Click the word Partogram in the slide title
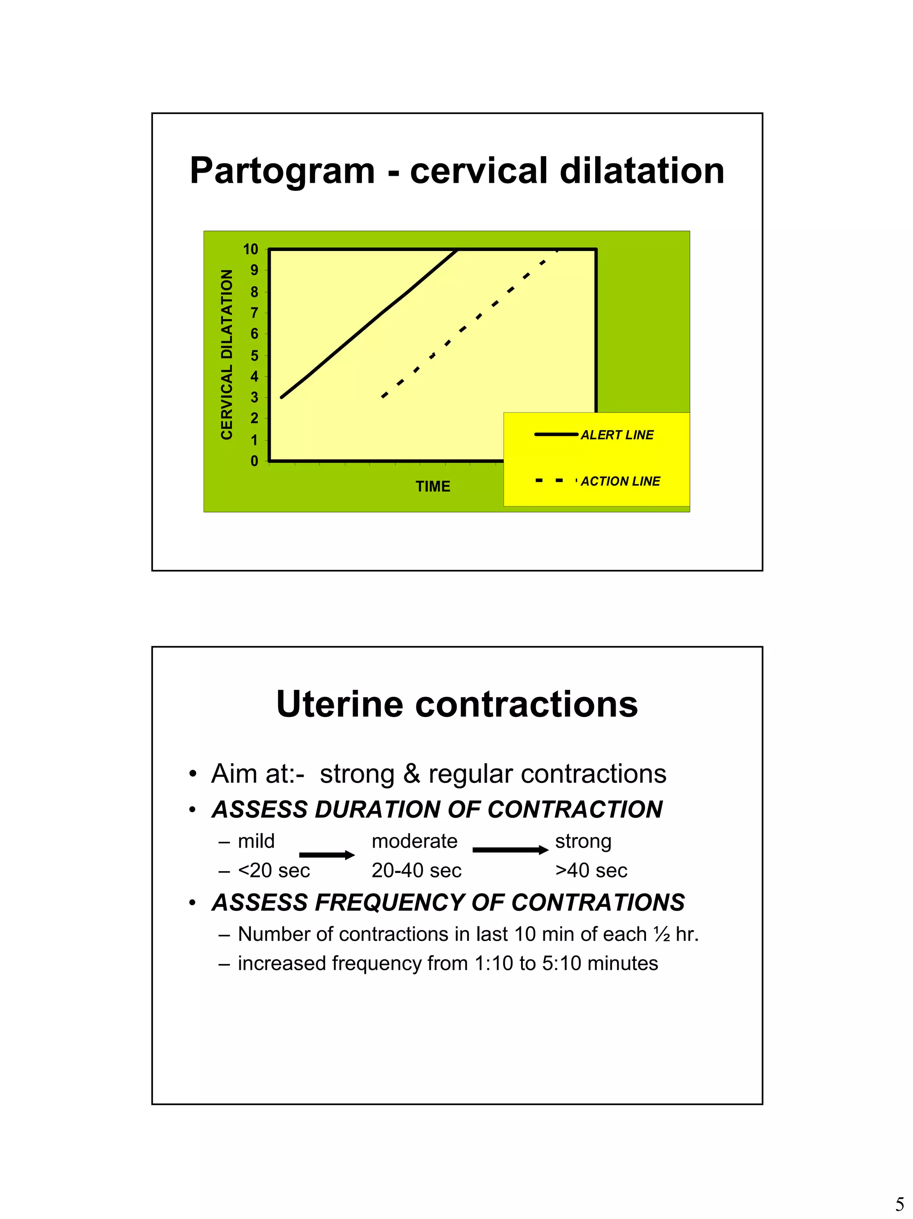(282, 171)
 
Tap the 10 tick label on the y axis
(250, 249)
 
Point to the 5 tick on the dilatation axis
(254, 355)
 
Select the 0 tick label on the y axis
(254, 461)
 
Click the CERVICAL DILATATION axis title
(226, 354)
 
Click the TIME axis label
(432, 486)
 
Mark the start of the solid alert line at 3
(282, 397)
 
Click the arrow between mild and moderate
(327, 855)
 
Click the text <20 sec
(274, 870)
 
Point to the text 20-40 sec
(416, 870)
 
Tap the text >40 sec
(591, 870)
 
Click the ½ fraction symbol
(661, 934)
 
